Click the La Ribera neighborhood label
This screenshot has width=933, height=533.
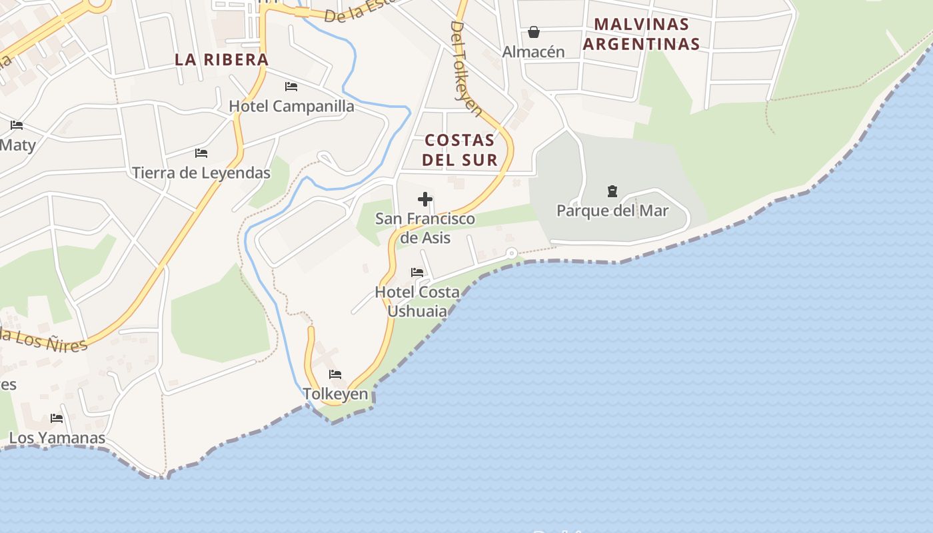[221, 59]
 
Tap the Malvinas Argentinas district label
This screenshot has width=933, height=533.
[641, 34]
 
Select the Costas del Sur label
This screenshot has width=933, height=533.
[460, 150]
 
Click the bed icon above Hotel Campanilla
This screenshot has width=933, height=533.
[291, 87]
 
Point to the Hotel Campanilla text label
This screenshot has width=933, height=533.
[291, 106]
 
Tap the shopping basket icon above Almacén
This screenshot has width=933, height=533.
[533, 32]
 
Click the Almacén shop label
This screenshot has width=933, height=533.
[533, 51]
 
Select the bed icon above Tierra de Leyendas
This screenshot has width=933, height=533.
[201, 153]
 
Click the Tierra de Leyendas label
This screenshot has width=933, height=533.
[201, 173]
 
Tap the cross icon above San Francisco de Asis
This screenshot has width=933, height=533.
[425, 199]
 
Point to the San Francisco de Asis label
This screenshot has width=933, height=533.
[425, 228]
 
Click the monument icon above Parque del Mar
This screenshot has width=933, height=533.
[612, 192]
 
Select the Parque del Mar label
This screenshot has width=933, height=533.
[612, 211]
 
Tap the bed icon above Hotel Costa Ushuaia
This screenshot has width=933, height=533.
[417, 272]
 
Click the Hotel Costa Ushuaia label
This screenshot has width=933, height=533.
[417, 301]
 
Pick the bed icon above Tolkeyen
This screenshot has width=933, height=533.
[335, 374]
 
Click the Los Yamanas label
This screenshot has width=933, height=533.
[57, 438]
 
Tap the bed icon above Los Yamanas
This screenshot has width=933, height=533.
[57, 418]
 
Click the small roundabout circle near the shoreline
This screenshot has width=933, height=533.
[511, 253]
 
